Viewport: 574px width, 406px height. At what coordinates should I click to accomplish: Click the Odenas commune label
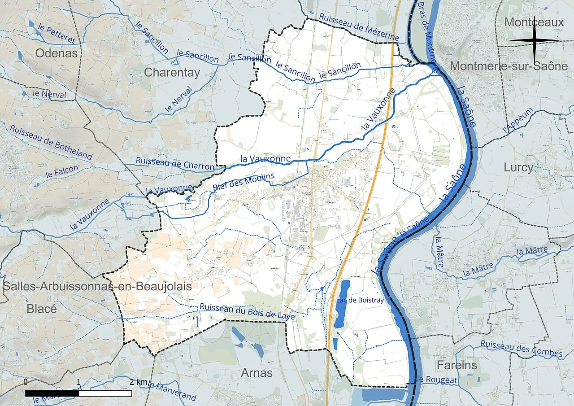(x=57, y=53)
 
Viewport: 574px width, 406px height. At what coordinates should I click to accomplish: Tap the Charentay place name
(x=172, y=72)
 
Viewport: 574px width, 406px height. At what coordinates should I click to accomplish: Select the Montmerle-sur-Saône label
(x=509, y=66)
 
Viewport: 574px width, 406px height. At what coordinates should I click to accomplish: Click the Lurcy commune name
(x=518, y=168)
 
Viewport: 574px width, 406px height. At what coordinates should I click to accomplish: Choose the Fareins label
(x=457, y=365)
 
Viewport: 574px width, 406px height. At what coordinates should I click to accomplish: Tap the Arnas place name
(x=257, y=373)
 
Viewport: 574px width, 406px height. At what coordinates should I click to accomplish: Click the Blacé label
(x=42, y=309)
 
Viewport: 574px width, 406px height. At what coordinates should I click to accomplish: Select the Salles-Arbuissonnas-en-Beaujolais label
(x=97, y=287)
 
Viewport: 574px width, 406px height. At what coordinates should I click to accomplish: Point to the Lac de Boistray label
(x=360, y=300)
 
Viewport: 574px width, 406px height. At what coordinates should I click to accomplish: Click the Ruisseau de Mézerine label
(x=359, y=26)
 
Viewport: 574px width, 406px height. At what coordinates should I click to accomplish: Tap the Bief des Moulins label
(x=244, y=183)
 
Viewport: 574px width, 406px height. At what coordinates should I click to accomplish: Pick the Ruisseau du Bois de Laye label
(x=247, y=312)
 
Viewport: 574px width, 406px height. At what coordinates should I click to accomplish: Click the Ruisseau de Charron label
(x=175, y=164)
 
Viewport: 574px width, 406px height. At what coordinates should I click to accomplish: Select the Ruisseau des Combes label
(x=521, y=349)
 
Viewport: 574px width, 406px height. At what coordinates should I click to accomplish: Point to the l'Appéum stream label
(x=519, y=120)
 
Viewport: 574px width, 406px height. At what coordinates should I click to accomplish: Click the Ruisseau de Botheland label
(x=51, y=141)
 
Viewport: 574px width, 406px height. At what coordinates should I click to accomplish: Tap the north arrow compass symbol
(x=534, y=41)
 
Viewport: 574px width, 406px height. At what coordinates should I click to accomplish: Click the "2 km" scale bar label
(x=138, y=382)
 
